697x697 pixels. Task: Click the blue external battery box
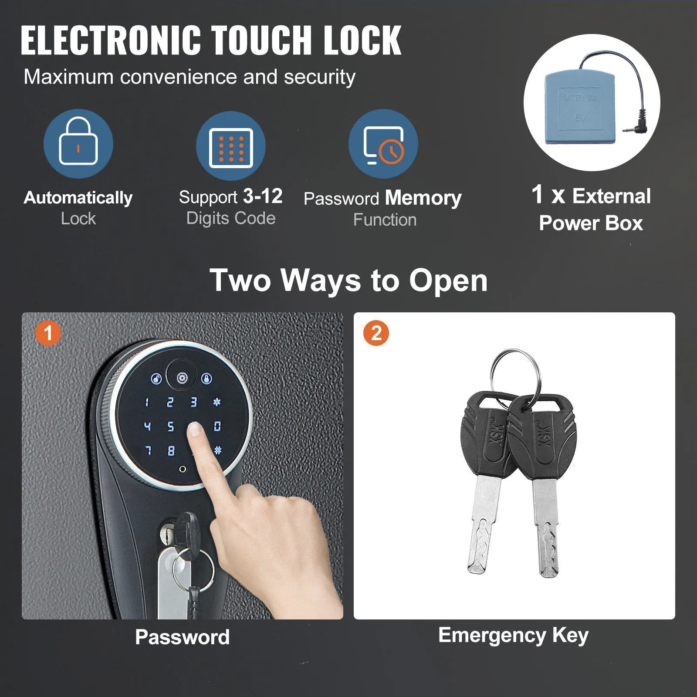(580, 108)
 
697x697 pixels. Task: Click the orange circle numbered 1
(48, 333)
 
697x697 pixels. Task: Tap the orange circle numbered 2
(376, 333)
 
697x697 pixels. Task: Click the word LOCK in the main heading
(362, 41)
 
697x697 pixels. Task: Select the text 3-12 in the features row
(263, 196)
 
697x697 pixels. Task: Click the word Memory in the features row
(423, 199)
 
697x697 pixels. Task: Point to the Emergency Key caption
(513, 636)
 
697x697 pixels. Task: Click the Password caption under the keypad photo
(182, 637)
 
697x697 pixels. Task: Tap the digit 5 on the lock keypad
(171, 426)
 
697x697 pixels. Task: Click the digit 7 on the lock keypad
(148, 450)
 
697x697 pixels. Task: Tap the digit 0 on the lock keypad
(217, 426)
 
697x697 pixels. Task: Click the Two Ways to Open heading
(348, 281)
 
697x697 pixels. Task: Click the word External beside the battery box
(612, 196)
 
